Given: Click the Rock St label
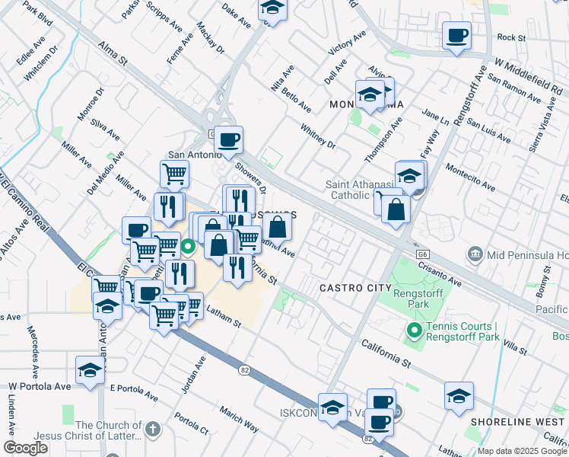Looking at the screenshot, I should tap(511, 37).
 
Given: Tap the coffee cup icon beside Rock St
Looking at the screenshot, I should tap(456, 36).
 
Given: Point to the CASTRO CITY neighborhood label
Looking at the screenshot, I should tap(355, 288).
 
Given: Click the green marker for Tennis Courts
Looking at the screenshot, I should tap(414, 331).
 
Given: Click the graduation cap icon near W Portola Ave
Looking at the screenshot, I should tap(90, 371).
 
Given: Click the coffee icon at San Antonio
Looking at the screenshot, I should tap(228, 140).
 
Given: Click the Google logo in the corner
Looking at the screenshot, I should tap(26, 448).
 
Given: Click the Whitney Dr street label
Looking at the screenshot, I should tap(318, 136).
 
